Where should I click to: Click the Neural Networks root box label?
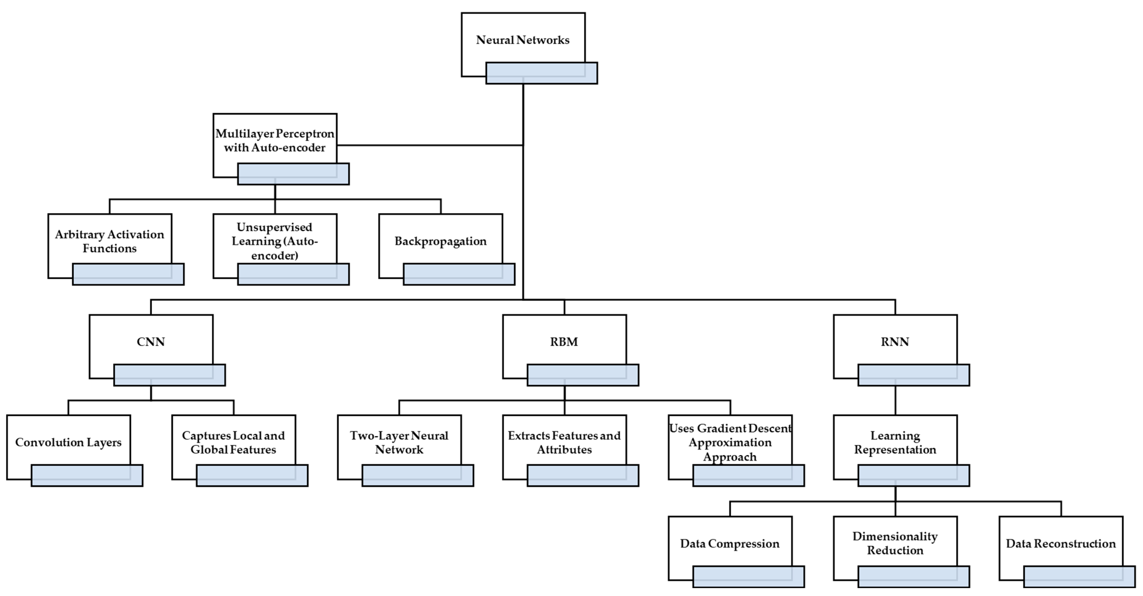(523, 40)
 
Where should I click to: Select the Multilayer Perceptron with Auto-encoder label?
(275, 141)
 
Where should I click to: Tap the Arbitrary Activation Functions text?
(110, 241)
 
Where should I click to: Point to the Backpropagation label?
(441, 241)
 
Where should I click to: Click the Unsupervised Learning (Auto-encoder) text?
(275, 241)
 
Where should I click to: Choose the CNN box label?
(151, 342)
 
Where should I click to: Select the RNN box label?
(895, 342)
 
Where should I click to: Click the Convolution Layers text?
(68, 443)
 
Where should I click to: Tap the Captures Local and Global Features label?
(233, 443)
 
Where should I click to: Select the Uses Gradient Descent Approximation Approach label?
(730, 443)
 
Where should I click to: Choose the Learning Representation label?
(895, 443)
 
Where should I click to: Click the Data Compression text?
(730, 544)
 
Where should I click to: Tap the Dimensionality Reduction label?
(895, 543)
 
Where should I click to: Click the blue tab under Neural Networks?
(541, 73)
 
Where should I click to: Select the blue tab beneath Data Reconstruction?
(1079, 576)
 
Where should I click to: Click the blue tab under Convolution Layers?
(87, 476)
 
